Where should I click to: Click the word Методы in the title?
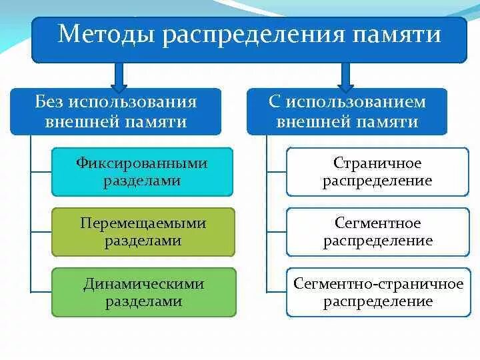[x=100, y=34]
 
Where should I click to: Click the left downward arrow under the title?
[x=119, y=77]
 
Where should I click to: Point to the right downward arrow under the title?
[x=346, y=77]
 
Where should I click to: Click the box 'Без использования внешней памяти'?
[x=116, y=112]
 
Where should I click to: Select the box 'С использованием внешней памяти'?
[x=347, y=112]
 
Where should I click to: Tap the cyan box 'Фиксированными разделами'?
[x=143, y=172]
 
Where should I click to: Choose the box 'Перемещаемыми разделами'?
[x=143, y=232]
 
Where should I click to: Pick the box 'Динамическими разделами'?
[x=143, y=292]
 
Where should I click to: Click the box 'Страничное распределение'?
[x=377, y=172]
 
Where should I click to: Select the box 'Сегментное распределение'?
[x=377, y=232]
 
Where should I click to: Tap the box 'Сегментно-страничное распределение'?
[x=377, y=292]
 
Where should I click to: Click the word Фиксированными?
[x=143, y=163]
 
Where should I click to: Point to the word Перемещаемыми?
[x=143, y=223]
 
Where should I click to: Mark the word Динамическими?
[x=143, y=284]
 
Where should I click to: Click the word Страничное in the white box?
[x=377, y=163]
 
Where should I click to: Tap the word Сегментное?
[x=377, y=223]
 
